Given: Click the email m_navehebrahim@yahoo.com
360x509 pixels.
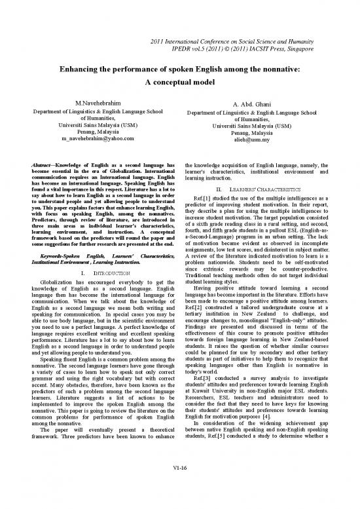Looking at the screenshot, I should [96, 141].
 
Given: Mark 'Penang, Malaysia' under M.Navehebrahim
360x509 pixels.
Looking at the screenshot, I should [96, 132].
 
